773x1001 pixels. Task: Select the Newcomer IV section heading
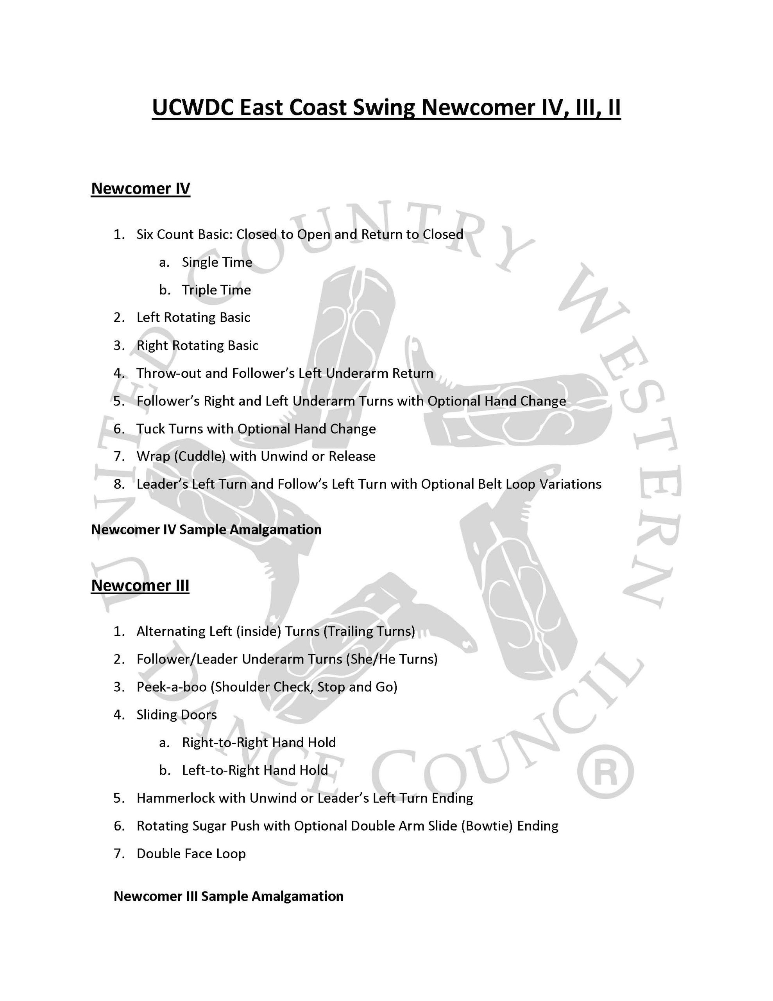pos(140,188)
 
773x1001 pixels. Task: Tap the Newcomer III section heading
pos(140,585)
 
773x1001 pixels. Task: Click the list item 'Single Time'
pos(217,262)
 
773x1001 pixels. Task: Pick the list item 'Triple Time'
pos(216,290)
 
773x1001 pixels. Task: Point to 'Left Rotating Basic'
pos(193,318)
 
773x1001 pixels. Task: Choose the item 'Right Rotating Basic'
pos(197,346)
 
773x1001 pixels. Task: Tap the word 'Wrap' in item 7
pos(152,456)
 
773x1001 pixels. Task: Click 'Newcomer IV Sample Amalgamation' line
pos(206,529)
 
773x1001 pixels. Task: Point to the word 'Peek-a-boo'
pos(172,687)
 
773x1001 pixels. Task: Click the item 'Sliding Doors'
pos(176,714)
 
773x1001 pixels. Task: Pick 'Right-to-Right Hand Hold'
pos(259,743)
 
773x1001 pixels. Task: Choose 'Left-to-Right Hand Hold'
pos(255,770)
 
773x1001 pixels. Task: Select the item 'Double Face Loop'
pos(191,854)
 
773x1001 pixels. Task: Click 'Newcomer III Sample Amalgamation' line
pos(228,896)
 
